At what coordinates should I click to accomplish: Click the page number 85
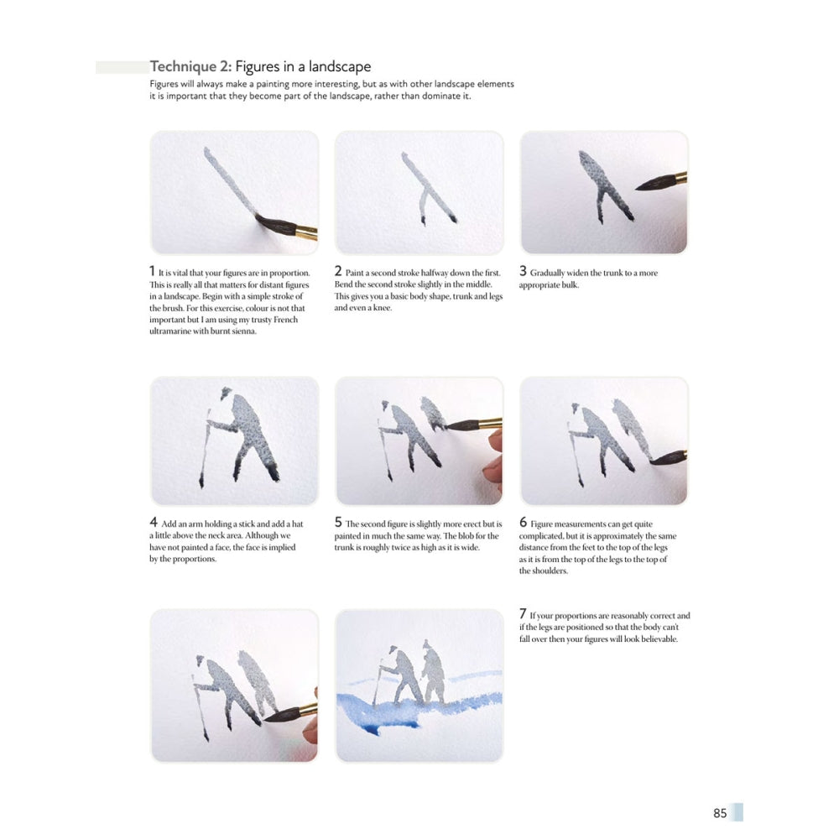720,813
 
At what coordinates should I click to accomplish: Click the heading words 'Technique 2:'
190,66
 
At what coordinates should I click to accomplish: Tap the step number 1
152,272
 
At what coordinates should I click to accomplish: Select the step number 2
337,272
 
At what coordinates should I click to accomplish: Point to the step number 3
523,272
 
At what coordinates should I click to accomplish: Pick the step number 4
153,523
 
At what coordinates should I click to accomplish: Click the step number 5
338,523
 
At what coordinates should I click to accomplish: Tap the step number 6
524,523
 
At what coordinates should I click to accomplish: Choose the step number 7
523,615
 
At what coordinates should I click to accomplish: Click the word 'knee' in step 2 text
383,308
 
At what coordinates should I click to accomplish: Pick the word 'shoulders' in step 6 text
547,571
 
